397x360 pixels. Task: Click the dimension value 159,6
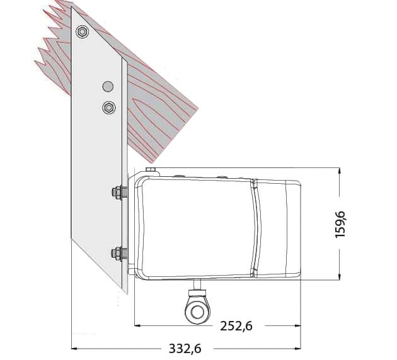pyautogui.click(x=340, y=224)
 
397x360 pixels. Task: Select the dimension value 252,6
pyautogui.click(x=236, y=326)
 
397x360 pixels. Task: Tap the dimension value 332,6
pyautogui.click(x=185, y=349)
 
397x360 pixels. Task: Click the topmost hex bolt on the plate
pyautogui.click(x=82, y=32)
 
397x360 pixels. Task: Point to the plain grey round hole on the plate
pyautogui.click(x=108, y=86)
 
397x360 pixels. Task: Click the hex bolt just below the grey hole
pyautogui.click(x=109, y=108)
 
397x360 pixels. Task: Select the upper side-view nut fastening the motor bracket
pyautogui.click(x=117, y=193)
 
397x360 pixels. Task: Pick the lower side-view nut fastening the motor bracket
pyautogui.click(x=117, y=253)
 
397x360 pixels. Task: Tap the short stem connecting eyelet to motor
pyautogui.click(x=198, y=285)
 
